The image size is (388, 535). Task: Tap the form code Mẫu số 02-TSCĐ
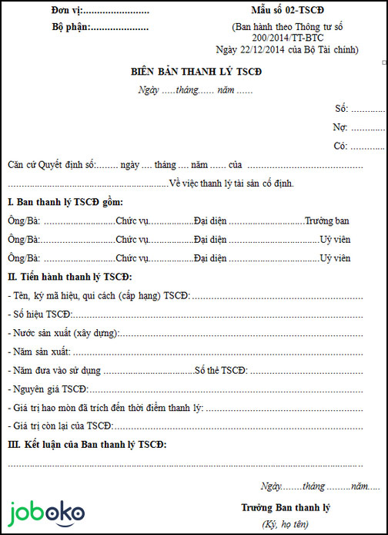tap(289, 11)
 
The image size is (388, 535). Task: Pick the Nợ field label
tap(340, 126)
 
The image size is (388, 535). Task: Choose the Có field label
tap(340, 145)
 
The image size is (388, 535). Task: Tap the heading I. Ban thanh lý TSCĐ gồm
tap(65, 202)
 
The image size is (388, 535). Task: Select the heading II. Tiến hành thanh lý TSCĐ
tap(69, 276)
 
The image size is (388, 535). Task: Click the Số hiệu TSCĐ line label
tap(40, 314)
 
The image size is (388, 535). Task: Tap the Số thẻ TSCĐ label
tap(220, 370)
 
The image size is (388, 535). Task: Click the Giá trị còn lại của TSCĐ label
tap(60, 426)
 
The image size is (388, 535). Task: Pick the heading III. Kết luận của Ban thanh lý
tap(86, 445)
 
